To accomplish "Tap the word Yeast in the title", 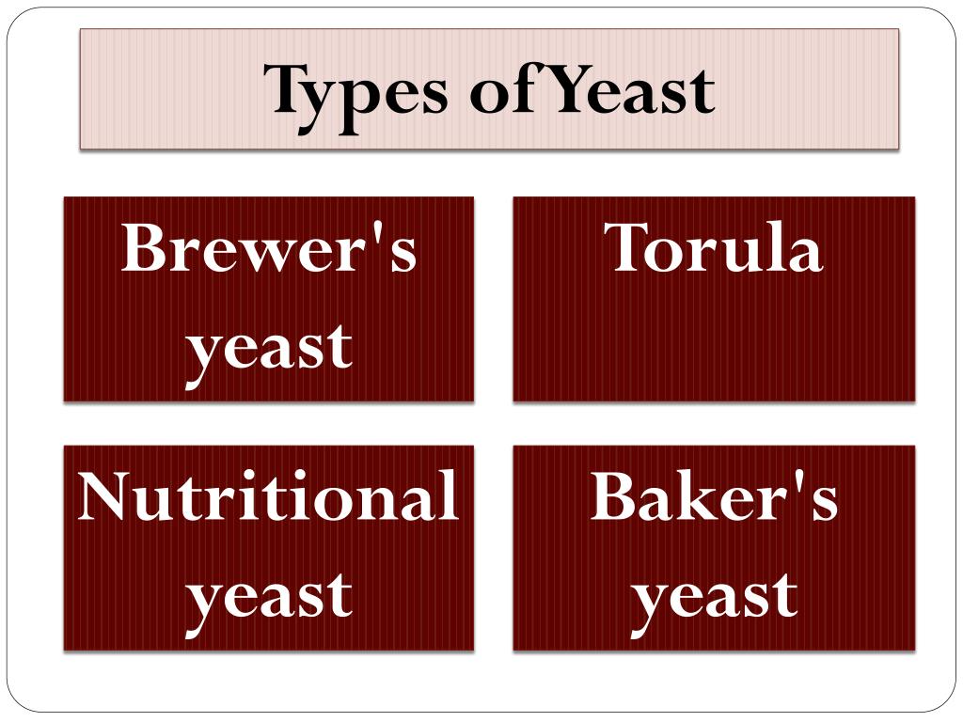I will tap(629, 90).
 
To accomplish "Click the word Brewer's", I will tap(269, 248).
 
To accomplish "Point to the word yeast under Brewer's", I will tap(269, 347).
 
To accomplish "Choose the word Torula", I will tap(714, 248).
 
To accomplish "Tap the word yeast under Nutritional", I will tap(269, 595).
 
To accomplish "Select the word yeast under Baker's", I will tap(714, 595).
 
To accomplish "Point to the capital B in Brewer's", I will tap(144, 248).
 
